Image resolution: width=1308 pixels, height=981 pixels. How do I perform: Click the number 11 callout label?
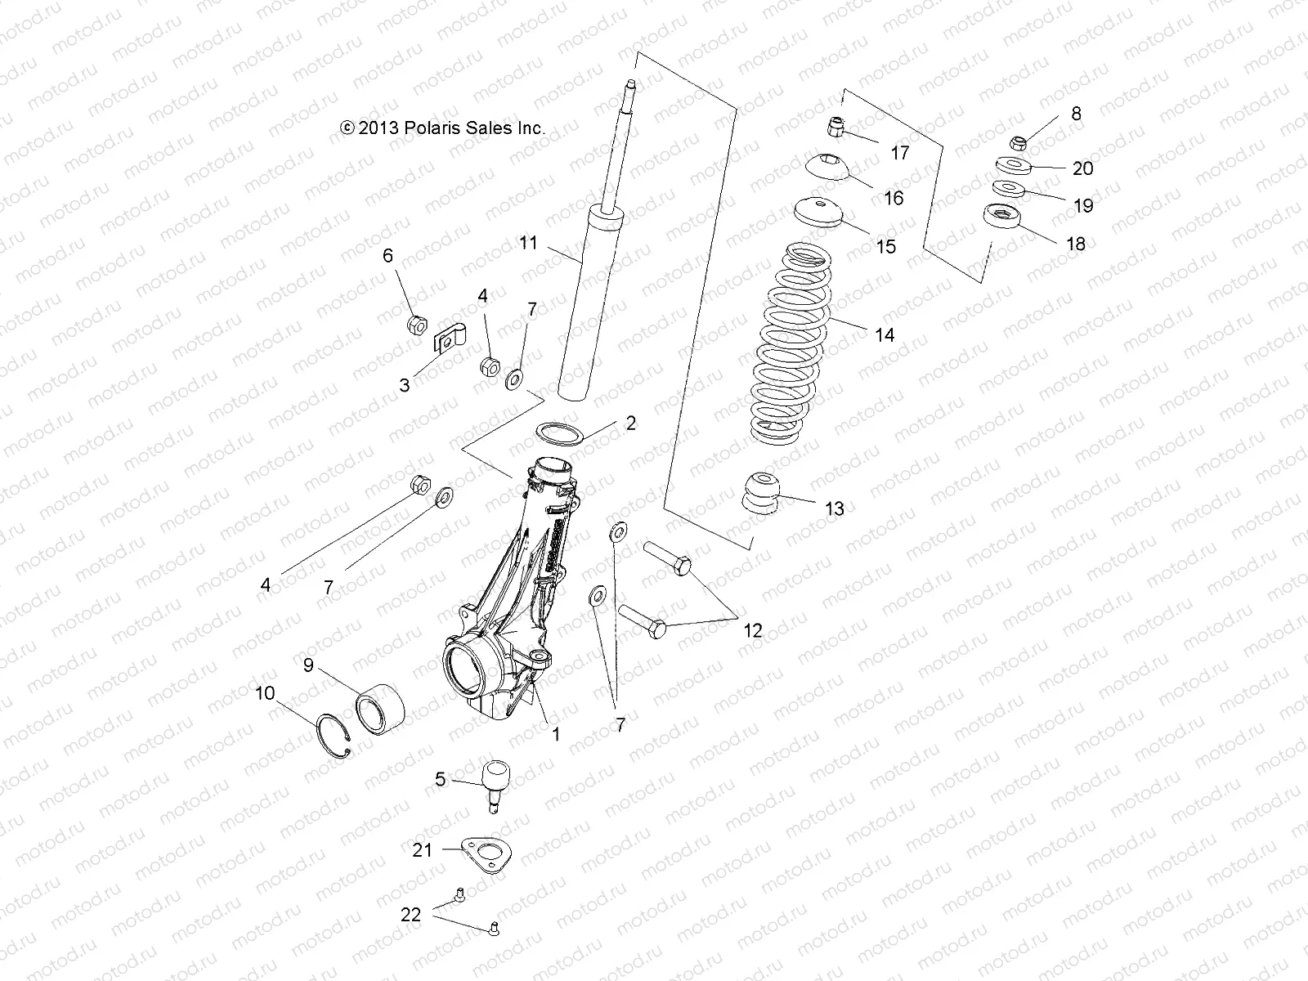(x=528, y=242)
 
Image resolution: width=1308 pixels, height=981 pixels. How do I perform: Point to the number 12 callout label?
(x=752, y=630)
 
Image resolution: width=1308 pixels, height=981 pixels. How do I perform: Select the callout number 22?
(x=410, y=914)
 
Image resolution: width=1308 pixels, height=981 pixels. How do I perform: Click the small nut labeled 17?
(x=834, y=128)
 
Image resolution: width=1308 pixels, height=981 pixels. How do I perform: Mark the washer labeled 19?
(x=1033, y=189)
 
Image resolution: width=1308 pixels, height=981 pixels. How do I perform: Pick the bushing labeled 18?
(x=1001, y=218)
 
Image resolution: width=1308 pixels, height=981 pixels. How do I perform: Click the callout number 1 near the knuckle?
(x=556, y=734)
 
